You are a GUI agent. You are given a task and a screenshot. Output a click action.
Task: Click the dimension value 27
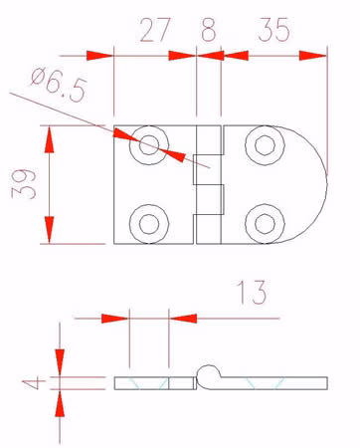point(155,30)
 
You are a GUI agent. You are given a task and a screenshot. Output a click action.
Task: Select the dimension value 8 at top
point(209,30)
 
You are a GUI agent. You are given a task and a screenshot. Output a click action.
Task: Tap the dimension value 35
point(273,30)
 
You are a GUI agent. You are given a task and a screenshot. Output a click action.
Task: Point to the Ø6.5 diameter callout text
point(60,85)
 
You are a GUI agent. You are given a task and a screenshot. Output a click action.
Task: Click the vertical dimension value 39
point(24,184)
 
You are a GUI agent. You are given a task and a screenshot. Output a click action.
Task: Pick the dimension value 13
point(252,293)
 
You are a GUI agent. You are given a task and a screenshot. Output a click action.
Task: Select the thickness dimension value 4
point(31,383)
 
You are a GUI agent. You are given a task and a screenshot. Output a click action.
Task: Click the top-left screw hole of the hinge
point(149,145)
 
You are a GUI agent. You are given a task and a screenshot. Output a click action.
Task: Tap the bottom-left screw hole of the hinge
point(149,224)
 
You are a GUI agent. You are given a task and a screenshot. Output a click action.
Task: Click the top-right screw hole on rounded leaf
point(265,145)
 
